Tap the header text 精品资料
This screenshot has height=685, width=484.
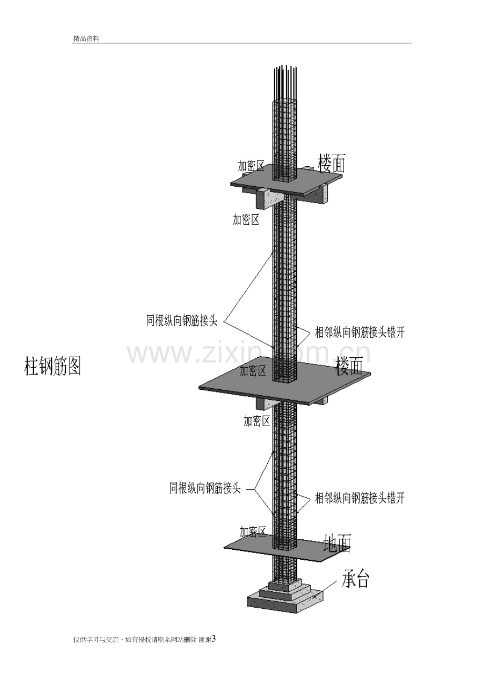(x=86, y=39)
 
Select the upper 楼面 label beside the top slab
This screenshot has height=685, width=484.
(x=332, y=163)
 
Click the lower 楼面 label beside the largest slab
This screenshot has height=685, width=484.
(x=349, y=366)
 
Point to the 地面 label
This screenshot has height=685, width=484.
(x=337, y=543)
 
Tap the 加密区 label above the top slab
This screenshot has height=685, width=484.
(x=251, y=166)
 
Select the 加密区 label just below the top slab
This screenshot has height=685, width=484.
(x=246, y=219)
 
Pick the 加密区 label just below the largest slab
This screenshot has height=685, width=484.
(x=257, y=421)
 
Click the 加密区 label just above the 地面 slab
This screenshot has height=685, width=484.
(x=253, y=531)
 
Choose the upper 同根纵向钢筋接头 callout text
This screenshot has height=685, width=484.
(x=181, y=321)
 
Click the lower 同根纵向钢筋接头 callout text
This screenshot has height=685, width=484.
(x=205, y=488)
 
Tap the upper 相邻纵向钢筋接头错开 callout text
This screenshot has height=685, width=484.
(x=360, y=333)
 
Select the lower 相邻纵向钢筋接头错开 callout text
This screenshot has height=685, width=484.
(x=360, y=498)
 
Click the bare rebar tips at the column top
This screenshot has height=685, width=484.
(x=285, y=83)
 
